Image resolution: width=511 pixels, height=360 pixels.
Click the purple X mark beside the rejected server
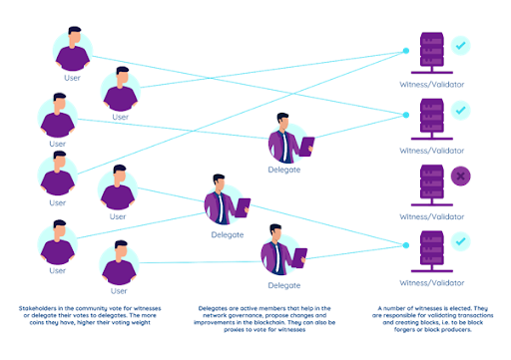(460, 177)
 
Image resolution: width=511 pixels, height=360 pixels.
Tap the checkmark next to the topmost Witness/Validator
(460, 45)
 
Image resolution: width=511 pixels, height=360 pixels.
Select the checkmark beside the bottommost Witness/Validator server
(460, 240)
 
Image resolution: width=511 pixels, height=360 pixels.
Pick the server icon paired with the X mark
(432, 178)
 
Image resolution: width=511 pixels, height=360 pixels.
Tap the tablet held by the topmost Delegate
(307, 145)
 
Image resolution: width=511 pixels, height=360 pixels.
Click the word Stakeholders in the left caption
(39, 310)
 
